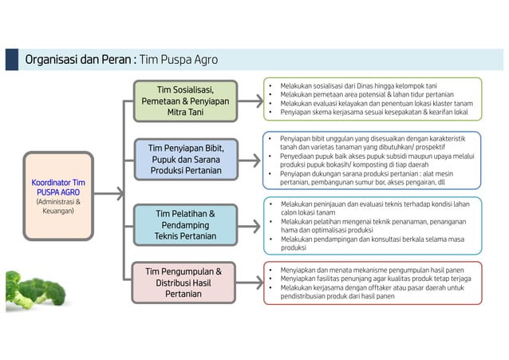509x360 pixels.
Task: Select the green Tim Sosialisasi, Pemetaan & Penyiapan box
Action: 185,101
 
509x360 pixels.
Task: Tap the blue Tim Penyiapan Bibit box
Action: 185,160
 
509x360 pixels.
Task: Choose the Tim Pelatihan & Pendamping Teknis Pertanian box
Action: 185,225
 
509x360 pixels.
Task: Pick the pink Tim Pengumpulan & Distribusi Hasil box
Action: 185,283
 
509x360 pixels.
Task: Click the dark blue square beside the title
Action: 12,60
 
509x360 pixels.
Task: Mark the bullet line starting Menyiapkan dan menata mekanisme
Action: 371,270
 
